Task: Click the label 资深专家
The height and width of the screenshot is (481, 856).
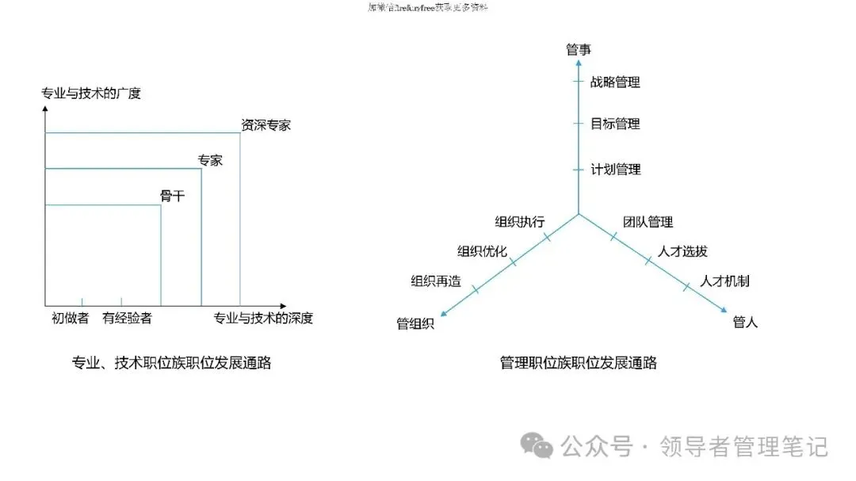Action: pos(266,125)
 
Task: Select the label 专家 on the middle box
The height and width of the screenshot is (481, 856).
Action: pos(210,161)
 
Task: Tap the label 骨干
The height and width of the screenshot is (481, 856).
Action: pos(172,196)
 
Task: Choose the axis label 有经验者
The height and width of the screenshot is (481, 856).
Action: pos(127,319)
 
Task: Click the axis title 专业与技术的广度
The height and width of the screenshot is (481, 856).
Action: pos(91,94)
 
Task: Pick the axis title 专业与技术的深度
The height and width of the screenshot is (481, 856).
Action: pos(263,319)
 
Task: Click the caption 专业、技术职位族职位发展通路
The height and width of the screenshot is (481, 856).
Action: pos(171,364)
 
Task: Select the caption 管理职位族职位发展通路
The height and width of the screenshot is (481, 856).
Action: pos(578,364)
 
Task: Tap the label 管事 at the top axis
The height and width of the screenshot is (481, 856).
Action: pos(579,50)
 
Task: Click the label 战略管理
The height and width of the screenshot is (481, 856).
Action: pos(615,82)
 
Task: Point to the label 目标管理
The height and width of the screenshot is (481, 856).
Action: pos(615,124)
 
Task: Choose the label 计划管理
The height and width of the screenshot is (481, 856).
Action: pos(615,170)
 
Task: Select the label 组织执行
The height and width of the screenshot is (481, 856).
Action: pos(519,222)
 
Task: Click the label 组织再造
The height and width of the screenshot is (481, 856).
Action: pos(435,281)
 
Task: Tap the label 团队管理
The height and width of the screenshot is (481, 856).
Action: pos(648,222)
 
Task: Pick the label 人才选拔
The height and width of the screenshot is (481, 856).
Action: pos(682,252)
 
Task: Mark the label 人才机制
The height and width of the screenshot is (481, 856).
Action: pos(724,281)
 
